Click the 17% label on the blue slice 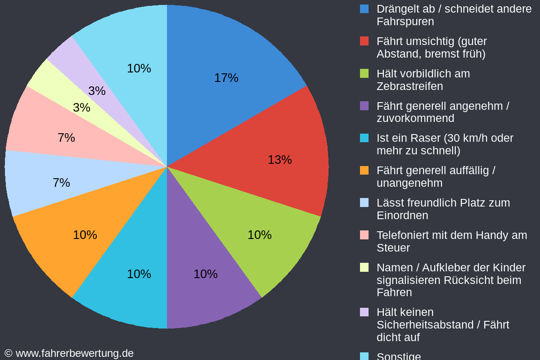click(226, 78)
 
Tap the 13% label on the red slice click(279, 160)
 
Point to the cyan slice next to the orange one click(135, 279)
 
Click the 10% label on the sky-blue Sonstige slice click(139, 68)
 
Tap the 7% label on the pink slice click(66, 138)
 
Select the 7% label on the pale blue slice click(61, 183)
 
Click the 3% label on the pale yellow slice click(81, 108)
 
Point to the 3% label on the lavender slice click(97, 91)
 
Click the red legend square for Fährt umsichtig click(364, 41)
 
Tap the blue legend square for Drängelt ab click(364, 9)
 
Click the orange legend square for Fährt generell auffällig click(364, 171)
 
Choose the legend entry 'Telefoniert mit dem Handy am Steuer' click(451, 241)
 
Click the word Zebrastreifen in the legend click(409, 86)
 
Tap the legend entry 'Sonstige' click(399, 356)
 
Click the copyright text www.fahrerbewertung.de click(74, 353)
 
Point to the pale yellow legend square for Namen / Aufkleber click(364, 267)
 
